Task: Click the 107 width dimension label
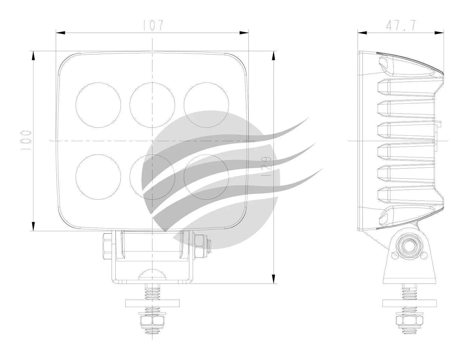[x=152, y=25]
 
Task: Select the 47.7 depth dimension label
[x=401, y=25]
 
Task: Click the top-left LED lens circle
[x=98, y=105]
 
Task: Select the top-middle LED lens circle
[x=152, y=105]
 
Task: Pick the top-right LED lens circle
[x=206, y=105]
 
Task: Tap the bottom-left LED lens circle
[x=98, y=177]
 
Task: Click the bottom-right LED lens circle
[x=206, y=177]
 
